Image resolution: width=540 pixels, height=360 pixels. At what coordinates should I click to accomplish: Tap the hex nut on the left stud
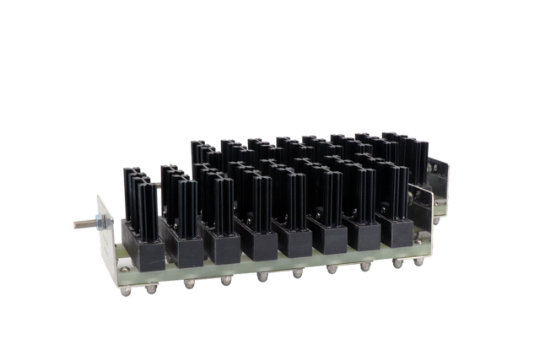(100, 222)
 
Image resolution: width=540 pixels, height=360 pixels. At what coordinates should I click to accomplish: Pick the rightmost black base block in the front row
(394, 228)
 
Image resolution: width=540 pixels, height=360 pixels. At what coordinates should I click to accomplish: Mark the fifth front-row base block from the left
(295, 241)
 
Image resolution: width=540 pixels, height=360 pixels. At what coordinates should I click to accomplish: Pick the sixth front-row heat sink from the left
(326, 199)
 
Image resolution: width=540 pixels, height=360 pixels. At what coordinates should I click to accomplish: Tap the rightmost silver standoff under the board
(418, 262)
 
